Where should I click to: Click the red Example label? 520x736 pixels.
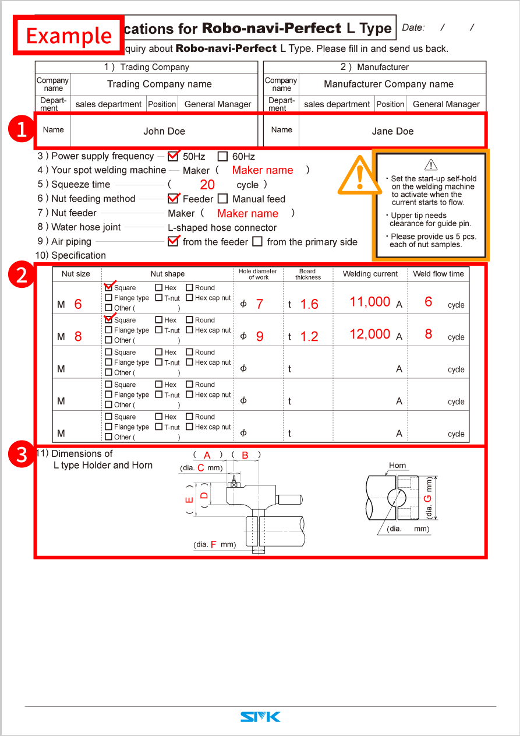[69, 36]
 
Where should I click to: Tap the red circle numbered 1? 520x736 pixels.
[22, 129]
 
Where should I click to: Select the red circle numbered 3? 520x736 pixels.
[22, 455]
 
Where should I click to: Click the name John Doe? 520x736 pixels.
[164, 131]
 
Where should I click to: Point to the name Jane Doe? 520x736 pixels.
[392, 131]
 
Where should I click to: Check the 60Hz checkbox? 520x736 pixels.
[222, 156]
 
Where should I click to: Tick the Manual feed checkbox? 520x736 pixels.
[222, 199]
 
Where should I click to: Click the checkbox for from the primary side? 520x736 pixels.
[257, 242]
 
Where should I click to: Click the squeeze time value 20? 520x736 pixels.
[207, 185]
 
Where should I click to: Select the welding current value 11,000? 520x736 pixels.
[370, 302]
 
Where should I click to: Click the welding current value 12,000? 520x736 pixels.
[370, 334]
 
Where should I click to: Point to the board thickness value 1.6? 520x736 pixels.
[309, 304]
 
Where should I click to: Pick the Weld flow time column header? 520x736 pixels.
[438, 274]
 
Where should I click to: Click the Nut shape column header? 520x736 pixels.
[168, 274]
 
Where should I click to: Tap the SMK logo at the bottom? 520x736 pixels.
[260, 717]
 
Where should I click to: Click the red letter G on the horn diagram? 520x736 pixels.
[428, 499]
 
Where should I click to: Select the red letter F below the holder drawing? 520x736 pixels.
[213, 544]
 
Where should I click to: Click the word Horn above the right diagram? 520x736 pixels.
[398, 466]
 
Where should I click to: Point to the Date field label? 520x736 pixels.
[413, 27]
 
